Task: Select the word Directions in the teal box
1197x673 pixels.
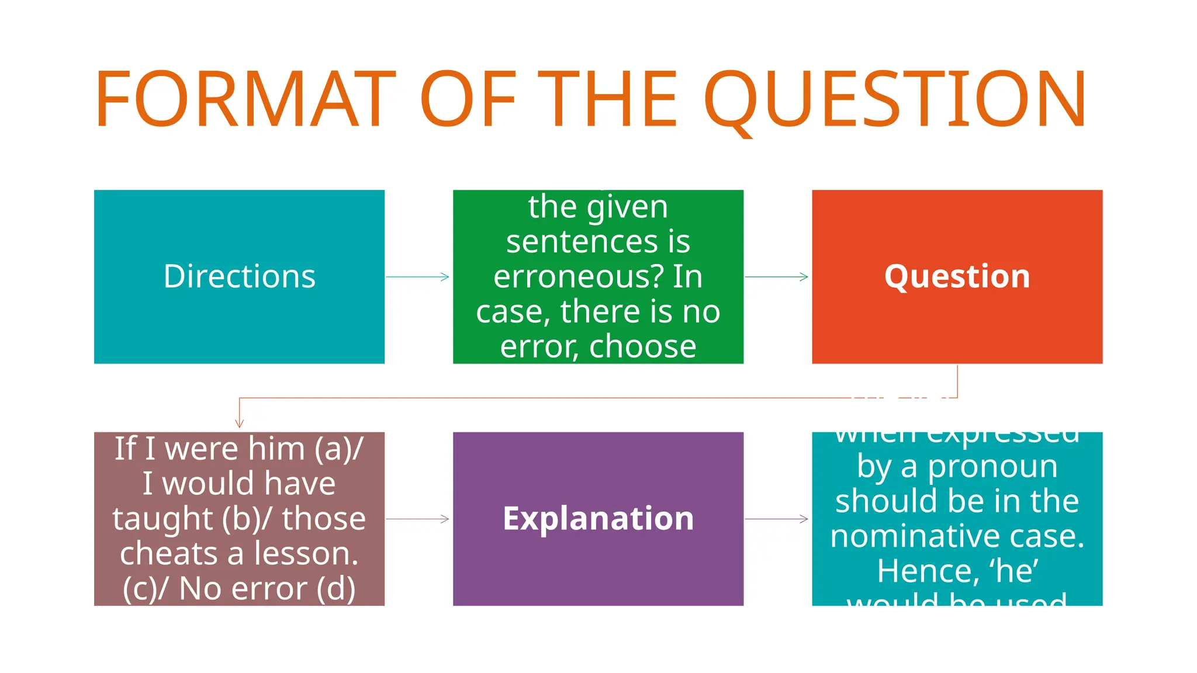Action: point(239,276)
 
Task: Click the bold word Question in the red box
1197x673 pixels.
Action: point(957,276)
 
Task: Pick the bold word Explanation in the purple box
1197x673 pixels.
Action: point(598,518)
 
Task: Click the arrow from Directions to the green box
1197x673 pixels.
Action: point(418,277)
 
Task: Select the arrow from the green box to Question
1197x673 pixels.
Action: point(777,277)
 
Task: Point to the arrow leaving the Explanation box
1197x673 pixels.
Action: point(777,519)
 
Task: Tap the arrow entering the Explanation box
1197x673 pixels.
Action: point(418,519)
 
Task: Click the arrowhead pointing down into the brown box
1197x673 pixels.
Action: point(239,422)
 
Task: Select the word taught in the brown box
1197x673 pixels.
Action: point(162,519)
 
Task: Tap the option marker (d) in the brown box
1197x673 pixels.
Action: point(336,588)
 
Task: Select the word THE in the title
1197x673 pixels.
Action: point(608,98)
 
